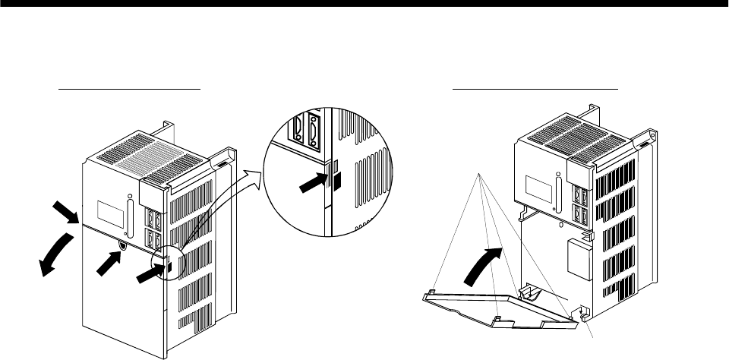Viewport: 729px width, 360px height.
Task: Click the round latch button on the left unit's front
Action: (x=123, y=245)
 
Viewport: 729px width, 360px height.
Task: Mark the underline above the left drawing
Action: (x=130, y=88)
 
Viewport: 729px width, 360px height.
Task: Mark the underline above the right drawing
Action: (x=536, y=88)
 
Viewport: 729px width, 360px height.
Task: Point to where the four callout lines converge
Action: (x=480, y=175)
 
